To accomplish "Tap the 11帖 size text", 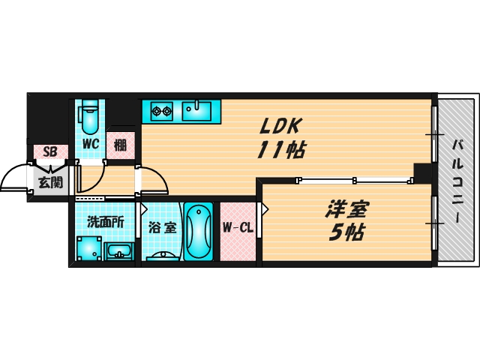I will point(280,151).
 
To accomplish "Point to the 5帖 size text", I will point(346,233).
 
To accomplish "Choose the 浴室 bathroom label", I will point(162,227).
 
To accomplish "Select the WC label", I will point(91,144).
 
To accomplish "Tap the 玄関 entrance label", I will point(49,181).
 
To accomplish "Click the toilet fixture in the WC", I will point(90,116).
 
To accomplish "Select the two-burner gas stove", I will point(162,112).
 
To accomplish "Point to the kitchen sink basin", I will point(198,112).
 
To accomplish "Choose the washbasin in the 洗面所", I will point(118,250).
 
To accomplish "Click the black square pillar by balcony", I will point(422,172).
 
